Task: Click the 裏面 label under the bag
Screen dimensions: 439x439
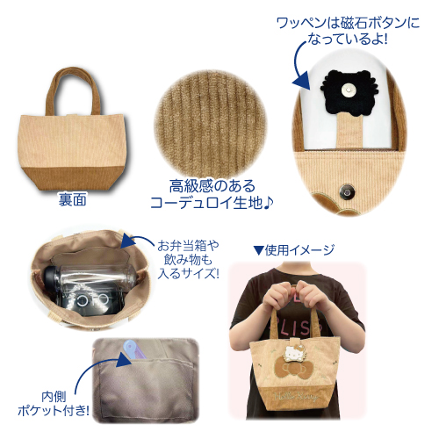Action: pyautogui.click(x=72, y=200)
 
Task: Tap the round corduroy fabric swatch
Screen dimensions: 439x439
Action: pyautogui.click(x=211, y=124)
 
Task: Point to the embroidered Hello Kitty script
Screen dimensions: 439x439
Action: pyautogui.click(x=296, y=397)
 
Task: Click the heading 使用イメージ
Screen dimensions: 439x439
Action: pyautogui.click(x=294, y=250)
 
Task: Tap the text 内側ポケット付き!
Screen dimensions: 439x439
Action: pyautogui.click(x=54, y=404)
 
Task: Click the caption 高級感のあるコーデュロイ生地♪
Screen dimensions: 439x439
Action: pyautogui.click(x=212, y=194)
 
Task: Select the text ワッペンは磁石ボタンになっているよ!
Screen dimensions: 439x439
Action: pyautogui.click(x=348, y=31)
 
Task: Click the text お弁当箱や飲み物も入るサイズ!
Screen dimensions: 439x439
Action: pyautogui.click(x=188, y=259)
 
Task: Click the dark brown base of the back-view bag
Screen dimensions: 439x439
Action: pyautogui.click(x=73, y=178)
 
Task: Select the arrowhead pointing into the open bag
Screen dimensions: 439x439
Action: pyautogui.click(x=128, y=241)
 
